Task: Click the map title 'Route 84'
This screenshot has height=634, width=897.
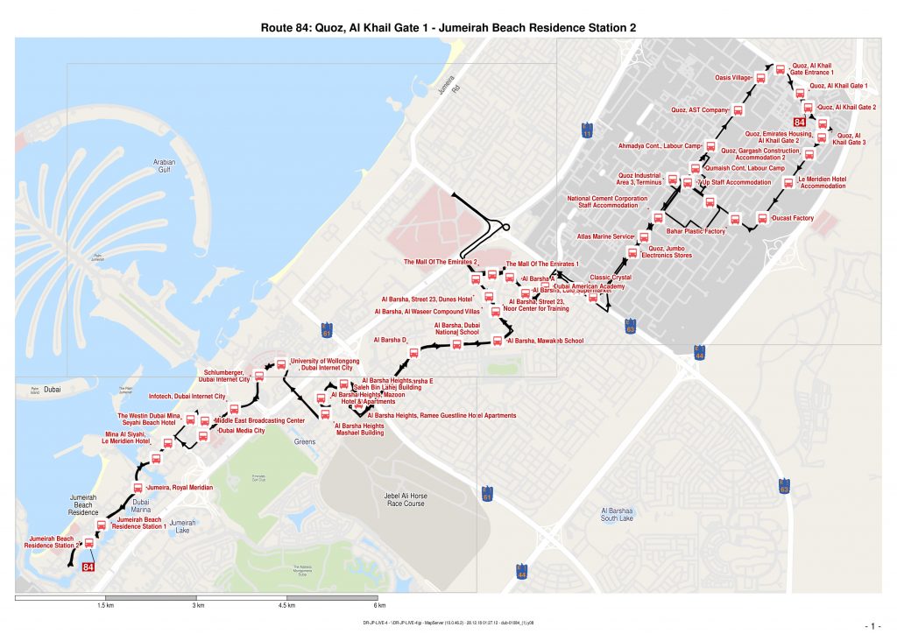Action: [x=448, y=27]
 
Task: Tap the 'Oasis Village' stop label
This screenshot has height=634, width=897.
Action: [x=734, y=78]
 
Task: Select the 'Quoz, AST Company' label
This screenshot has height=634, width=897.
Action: [x=700, y=110]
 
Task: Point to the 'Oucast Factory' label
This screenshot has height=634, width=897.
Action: [x=793, y=218]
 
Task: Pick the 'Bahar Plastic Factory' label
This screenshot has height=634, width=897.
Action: [x=696, y=231]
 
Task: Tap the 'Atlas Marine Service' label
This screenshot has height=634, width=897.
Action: [x=604, y=236]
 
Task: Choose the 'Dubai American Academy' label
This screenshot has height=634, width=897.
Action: [x=589, y=287]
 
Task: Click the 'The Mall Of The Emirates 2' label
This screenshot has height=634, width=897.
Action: [x=441, y=262]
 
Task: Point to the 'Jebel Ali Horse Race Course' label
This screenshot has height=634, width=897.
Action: [x=404, y=499]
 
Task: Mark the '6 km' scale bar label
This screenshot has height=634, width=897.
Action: [x=379, y=605]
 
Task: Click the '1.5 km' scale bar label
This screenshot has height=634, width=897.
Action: [x=106, y=605]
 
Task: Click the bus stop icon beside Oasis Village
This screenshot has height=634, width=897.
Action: [x=760, y=78]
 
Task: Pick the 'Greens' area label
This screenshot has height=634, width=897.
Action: [x=305, y=442]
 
